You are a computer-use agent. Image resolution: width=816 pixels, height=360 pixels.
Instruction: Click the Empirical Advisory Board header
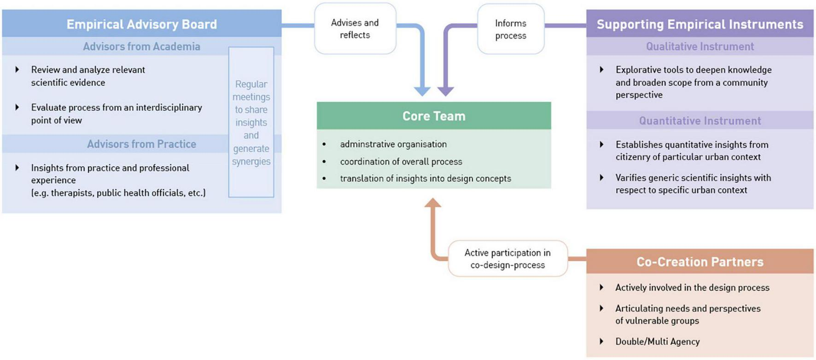coord(141,24)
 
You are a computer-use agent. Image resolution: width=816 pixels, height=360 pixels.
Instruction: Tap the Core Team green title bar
coord(433,116)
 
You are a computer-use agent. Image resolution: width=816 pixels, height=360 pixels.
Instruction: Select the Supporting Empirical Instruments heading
coord(699,24)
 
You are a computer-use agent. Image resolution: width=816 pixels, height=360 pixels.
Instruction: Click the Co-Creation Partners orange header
coord(699,262)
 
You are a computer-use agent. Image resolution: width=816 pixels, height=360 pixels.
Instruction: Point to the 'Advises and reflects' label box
coord(355,29)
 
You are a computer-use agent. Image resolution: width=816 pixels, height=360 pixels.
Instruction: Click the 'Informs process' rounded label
coord(510,29)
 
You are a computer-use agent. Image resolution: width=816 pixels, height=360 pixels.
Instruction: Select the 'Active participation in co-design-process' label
coord(507,259)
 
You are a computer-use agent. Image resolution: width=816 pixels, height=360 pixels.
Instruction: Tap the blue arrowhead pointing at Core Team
coord(422,91)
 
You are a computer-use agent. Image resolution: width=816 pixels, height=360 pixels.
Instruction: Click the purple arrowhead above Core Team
coord(445,91)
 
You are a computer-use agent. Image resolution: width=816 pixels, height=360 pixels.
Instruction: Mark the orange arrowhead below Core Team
coord(432,203)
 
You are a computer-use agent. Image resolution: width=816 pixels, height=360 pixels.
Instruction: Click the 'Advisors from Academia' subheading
coord(141,46)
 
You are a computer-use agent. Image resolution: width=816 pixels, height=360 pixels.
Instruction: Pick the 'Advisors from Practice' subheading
coord(141,144)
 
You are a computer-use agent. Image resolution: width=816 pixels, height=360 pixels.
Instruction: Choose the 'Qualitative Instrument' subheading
coord(699,46)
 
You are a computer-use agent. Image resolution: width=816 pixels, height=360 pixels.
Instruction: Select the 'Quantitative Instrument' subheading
coord(699,121)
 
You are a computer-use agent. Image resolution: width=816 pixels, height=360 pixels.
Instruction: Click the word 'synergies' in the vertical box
coord(251,162)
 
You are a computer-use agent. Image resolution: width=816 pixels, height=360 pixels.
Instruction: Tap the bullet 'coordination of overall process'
coord(401,162)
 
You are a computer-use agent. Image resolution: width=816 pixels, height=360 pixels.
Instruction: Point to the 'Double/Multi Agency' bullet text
coord(657,342)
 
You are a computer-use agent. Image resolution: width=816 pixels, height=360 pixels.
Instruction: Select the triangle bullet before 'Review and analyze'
coord(17,70)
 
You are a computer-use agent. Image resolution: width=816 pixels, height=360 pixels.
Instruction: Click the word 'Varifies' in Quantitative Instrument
coord(630,178)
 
